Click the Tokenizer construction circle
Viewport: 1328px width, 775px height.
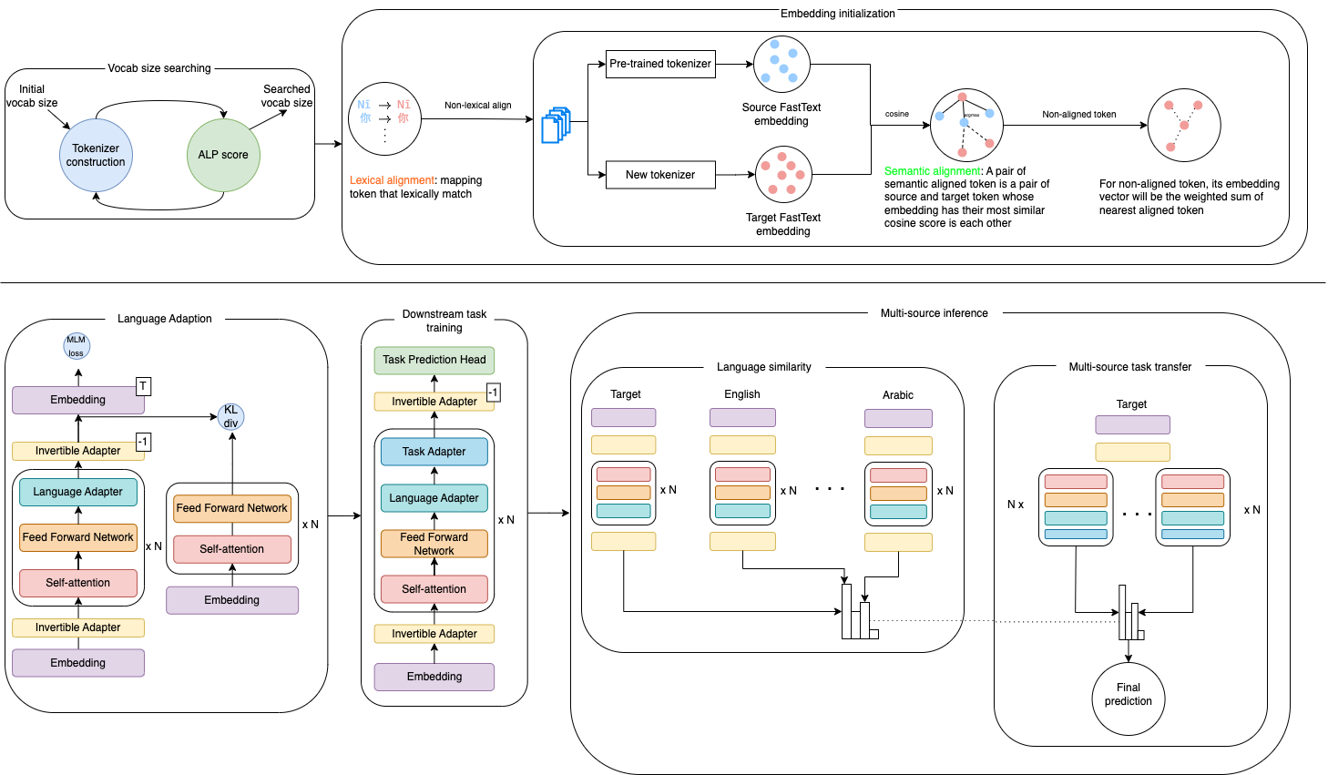click(96, 155)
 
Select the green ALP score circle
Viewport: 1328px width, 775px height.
click(223, 155)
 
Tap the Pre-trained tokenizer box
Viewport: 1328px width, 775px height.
click(660, 64)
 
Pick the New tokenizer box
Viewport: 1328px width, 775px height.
click(660, 175)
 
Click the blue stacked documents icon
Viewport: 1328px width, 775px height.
click(556, 126)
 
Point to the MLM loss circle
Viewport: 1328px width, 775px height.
click(77, 346)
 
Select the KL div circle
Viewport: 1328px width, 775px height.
click(231, 417)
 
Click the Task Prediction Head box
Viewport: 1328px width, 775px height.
click(434, 360)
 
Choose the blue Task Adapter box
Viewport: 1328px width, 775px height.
click(434, 452)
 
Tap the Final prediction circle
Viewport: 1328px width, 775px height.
click(1129, 695)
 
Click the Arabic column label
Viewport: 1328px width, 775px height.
click(898, 395)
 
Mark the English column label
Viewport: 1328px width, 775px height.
click(742, 394)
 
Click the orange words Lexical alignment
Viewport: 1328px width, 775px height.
click(393, 180)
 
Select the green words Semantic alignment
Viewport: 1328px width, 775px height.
click(934, 171)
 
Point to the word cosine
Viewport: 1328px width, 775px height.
click(897, 114)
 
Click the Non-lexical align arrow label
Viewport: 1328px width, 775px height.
click(478, 106)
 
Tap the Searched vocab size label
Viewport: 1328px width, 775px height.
click(287, 96)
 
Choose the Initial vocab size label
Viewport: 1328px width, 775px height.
click(32, 96)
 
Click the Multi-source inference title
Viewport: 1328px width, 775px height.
click(934, 313)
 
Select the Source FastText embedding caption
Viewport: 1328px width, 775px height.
click(781, 114)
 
